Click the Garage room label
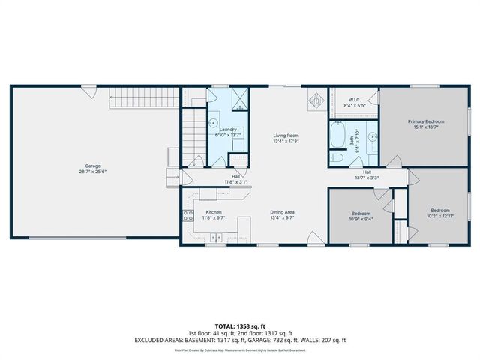click(92, 166)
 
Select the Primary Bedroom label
click(426, 121)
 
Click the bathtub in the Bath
click(336, 138)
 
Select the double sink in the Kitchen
click(216, 238)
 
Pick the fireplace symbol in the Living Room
click(317, 100)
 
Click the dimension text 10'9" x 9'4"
click(361, 220)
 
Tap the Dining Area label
click(282, 212)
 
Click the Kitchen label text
click(213, 212)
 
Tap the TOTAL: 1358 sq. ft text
click(240, 325)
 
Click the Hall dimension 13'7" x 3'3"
click(367, 178)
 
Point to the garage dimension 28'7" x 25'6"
click(92, 172)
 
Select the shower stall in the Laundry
click(239, 99)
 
